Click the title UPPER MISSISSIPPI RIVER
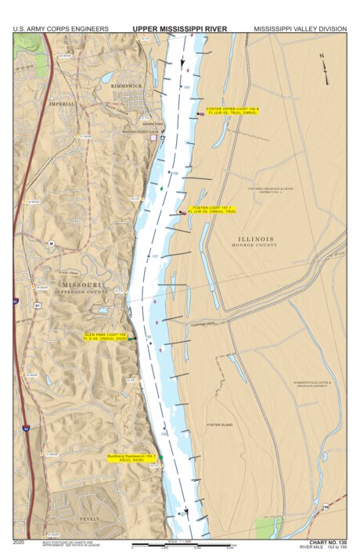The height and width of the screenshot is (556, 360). (179, 29)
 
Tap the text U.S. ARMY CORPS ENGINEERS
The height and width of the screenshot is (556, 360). (61, 29)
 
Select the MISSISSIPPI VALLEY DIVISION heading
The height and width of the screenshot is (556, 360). (300, 29)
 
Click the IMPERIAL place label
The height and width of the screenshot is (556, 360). (62, 103)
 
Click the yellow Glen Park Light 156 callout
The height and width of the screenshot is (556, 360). (106, 337)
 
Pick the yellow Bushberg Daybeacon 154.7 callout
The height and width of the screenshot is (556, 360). (132, 457)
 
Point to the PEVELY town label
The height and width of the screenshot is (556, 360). (91, 518)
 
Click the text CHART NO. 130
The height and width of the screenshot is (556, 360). (326, 541)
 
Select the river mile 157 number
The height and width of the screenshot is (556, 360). (155, 257)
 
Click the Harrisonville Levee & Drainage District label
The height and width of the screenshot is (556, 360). (311, 384)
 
